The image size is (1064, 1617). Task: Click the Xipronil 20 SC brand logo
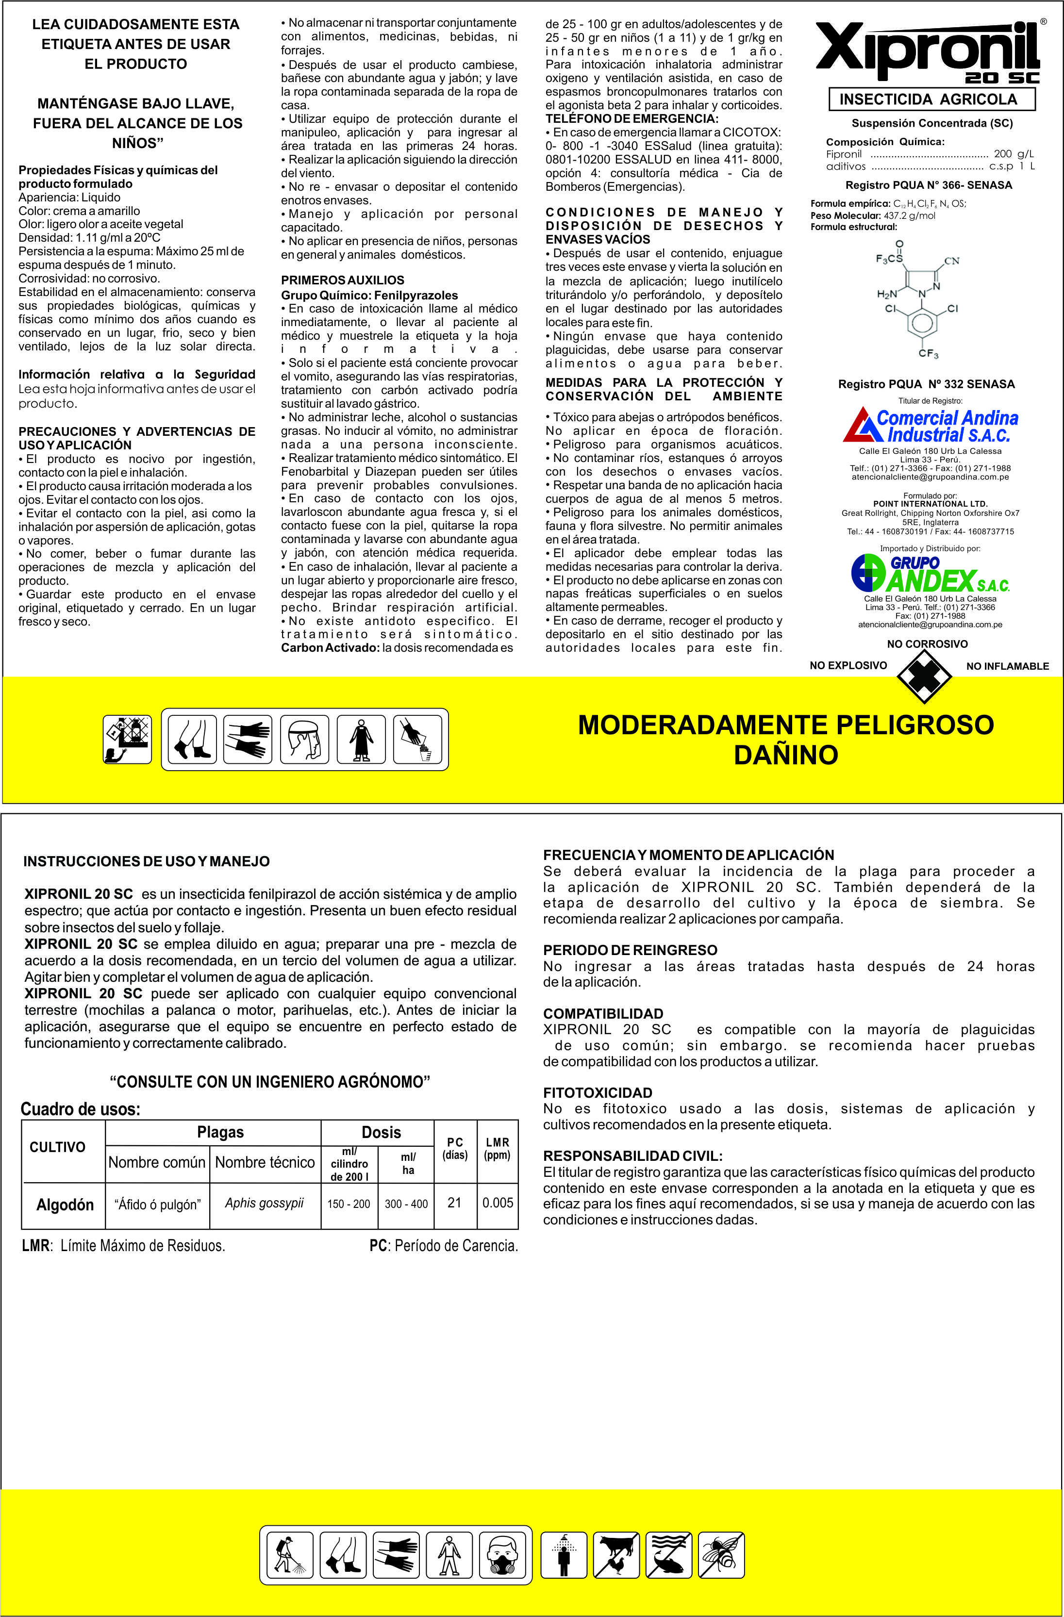(x=928, y=53)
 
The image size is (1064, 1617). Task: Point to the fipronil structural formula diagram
(x=918, y=299)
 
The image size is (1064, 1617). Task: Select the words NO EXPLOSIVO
(x=848, y=665)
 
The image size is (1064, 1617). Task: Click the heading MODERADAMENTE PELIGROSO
(x=785, y=725)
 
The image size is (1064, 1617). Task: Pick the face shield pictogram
(x=304, y=739)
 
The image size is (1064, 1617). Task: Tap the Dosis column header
(x=381, y=1132)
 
